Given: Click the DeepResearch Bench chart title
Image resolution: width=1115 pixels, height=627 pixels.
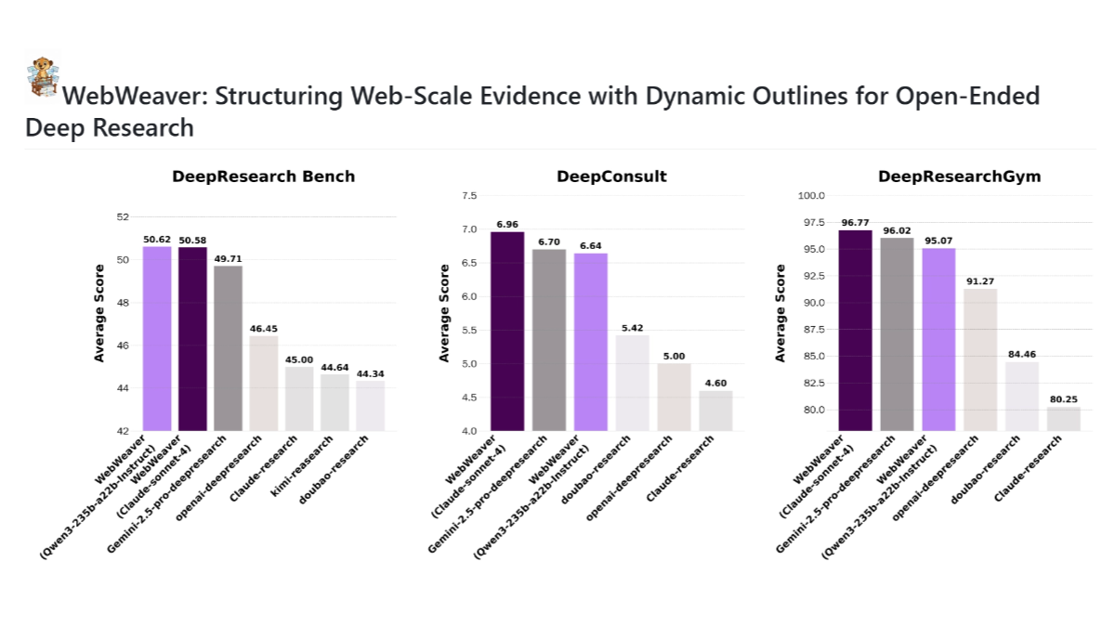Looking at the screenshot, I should tap(263, 176).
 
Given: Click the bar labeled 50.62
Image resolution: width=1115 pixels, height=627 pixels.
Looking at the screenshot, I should tap(157, 339).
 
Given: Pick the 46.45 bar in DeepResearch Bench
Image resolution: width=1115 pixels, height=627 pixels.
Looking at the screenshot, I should tap(264, 384).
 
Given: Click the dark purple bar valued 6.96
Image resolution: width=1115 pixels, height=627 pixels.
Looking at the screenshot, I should tap(507, 332).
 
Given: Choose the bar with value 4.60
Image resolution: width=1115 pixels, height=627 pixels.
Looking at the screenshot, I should tap(715, 411).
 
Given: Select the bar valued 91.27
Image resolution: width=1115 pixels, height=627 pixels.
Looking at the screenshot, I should tap(979, 359).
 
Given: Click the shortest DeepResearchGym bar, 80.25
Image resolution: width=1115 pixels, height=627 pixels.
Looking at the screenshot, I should tap(1063, 419).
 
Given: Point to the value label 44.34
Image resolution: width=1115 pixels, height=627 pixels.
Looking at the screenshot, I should tap(370, 373).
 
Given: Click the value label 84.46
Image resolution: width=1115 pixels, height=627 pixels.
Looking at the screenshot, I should tap(1021, 354).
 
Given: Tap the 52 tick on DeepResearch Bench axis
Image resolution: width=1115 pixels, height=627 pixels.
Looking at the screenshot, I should tap(123, 216).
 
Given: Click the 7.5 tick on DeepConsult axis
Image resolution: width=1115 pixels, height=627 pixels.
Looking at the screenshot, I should tap(469, 196).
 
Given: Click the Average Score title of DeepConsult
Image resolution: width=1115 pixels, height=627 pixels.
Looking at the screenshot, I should tap(444, 313).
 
